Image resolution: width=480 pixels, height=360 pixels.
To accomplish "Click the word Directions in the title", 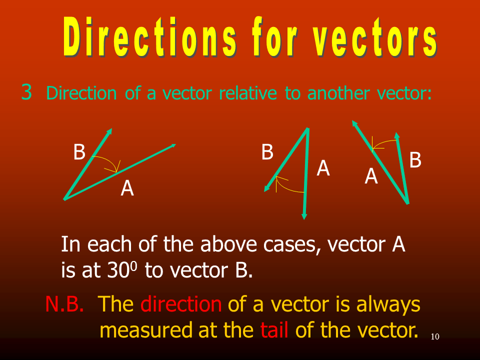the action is pos(150,36).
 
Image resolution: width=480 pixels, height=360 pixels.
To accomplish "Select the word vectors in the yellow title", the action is pos(375,36).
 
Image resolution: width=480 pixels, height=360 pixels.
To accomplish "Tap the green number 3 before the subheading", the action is pos(26,92).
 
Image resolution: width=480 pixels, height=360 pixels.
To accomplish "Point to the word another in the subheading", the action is pos(338,93).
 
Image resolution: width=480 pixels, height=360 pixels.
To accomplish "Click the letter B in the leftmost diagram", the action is pos(79,152).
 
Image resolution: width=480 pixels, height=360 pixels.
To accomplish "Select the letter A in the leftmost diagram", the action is pos(127,188).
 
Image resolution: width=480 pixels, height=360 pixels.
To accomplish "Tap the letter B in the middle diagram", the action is pos(267,152).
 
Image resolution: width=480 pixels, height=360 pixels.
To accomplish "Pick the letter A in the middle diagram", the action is pos(323,168).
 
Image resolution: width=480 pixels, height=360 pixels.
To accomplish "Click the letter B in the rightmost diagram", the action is pos(415,160).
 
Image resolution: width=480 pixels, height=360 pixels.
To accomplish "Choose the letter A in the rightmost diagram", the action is pos(371,176).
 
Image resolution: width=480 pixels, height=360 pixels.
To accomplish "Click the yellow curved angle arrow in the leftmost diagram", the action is pos(109,161).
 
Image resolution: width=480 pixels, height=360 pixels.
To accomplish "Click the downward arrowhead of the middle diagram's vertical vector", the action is pos(304,216).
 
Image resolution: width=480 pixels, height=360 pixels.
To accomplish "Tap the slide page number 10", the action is pos(435,336).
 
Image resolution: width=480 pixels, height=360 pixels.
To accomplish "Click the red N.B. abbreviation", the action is pos(64,304).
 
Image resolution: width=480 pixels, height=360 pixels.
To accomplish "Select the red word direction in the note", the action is pos(181,304).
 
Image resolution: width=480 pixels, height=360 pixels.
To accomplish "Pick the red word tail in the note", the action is pos(274,330).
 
